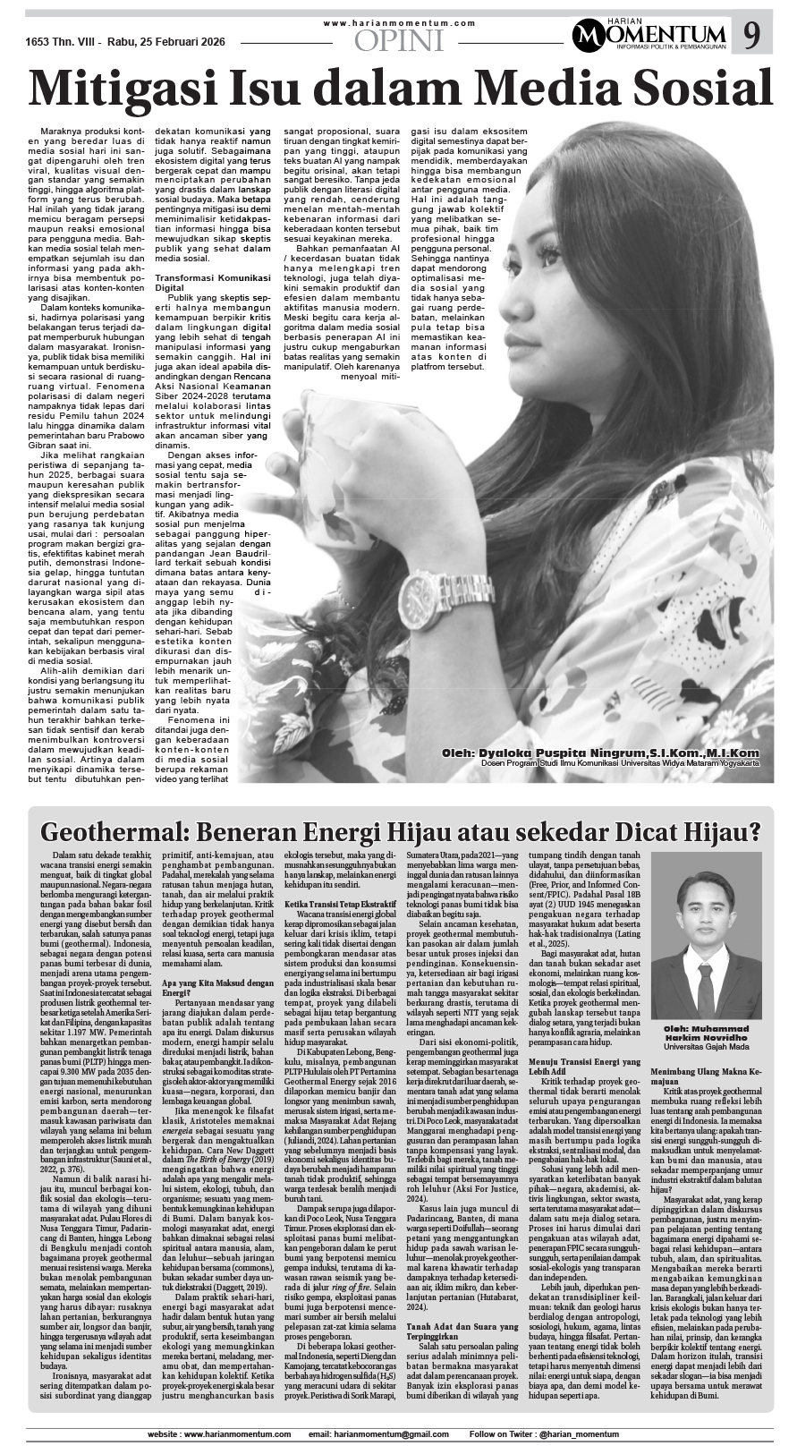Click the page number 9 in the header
(752, 36)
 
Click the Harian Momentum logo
(652, 35)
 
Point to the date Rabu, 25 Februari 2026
(171, 41)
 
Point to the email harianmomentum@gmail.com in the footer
(377, 1434)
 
